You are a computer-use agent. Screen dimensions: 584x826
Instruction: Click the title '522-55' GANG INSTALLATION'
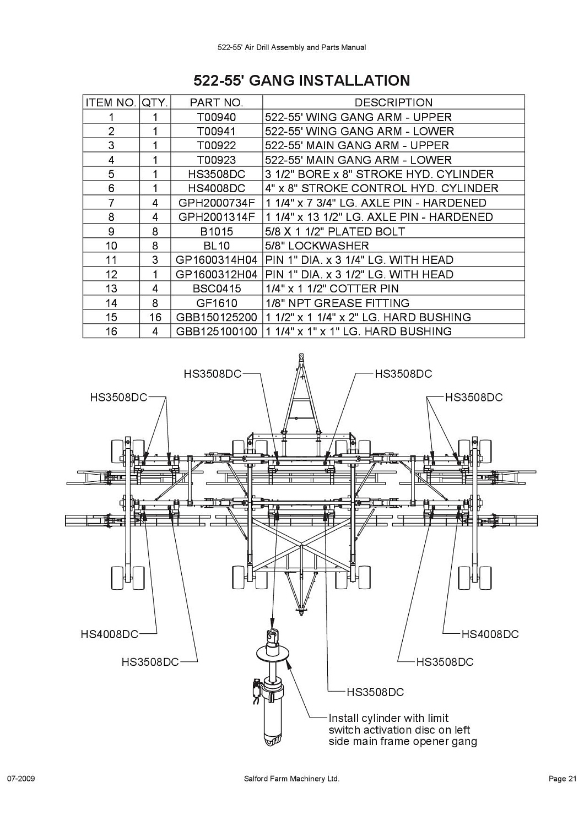coord(302,80)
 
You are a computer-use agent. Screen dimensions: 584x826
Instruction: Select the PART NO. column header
coord(217,102)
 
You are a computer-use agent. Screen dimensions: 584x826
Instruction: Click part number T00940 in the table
coord(217,117)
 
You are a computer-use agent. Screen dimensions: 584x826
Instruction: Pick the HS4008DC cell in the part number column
coord(217,188)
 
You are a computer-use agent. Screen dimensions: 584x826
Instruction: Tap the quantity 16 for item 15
coord(155,317)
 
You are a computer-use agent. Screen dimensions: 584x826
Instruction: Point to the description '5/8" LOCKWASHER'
coord(317,246)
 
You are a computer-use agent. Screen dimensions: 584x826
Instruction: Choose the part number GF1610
coord(217,303)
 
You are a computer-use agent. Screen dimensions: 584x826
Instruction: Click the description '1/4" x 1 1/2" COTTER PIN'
coord(332,289)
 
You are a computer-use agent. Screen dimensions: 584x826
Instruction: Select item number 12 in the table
coord(111,274)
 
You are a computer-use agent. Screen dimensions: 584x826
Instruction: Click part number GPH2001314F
coord(217,217)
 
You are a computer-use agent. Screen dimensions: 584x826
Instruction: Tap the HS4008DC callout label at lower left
coord(109,634)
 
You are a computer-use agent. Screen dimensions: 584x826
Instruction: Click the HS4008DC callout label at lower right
coord(490,634)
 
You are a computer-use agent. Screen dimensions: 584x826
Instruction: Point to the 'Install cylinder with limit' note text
coord(388,718)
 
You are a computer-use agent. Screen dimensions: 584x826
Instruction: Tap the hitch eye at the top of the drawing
coord(301,356)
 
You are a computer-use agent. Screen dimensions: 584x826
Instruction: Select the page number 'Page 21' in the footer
coord(562,779)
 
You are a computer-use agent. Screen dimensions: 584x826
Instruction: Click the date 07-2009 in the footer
coord(21,779)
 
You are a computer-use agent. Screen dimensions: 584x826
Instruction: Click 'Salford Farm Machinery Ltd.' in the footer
coord(291,779)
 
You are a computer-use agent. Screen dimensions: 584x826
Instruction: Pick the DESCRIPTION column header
coord(393,102)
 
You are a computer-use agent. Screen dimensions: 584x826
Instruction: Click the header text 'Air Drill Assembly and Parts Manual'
coord(305,47)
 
